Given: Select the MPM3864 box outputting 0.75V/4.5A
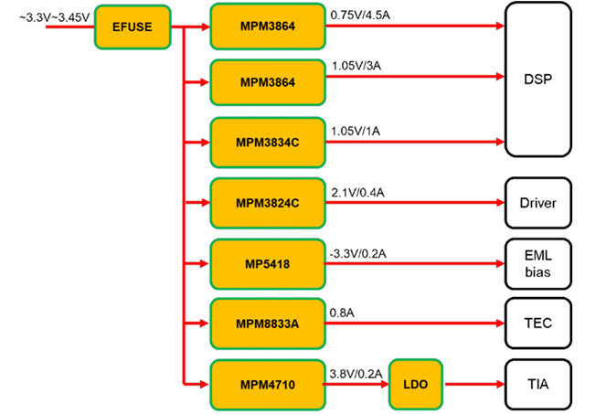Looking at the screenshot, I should tap(267, 27).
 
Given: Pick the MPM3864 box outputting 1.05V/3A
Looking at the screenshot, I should tap(267, 83).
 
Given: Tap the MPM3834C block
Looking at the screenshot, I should tap(267, 143).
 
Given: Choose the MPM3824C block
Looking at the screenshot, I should tap(267, 203).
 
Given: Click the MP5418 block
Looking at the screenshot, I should tap(267, 263).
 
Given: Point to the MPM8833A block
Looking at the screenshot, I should tap(267, 323).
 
